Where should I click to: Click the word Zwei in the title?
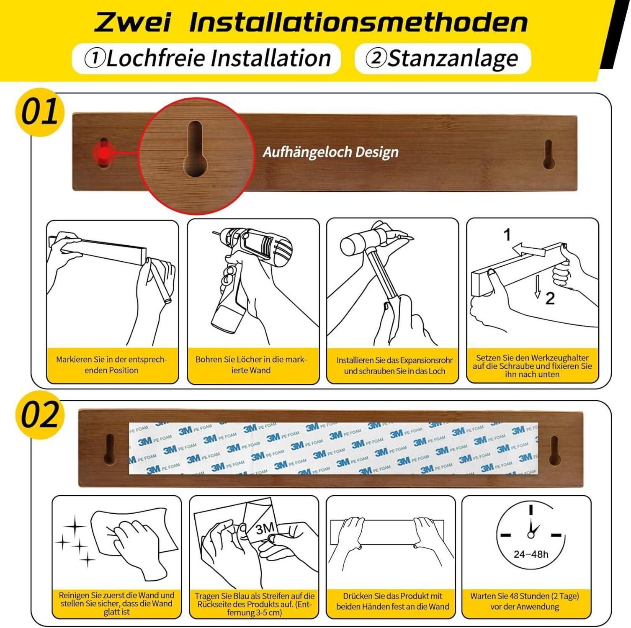[133, 22]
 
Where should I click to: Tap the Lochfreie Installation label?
[207, 58]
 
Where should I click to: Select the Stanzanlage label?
[442, 58]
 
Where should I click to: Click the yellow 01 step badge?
[40, 112]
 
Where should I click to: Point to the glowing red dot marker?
[104, 153]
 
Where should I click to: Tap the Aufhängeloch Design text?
[330, 152]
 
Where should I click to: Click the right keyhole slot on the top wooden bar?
[549, 154]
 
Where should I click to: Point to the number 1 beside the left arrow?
[507, 235]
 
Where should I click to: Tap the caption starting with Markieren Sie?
[111, 365]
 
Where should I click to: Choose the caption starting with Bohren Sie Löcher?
[251, 365]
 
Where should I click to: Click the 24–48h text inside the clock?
[531, 554]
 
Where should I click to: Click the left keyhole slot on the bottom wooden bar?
[110, 450]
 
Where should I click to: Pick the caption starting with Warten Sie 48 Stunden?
[525, 601]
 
